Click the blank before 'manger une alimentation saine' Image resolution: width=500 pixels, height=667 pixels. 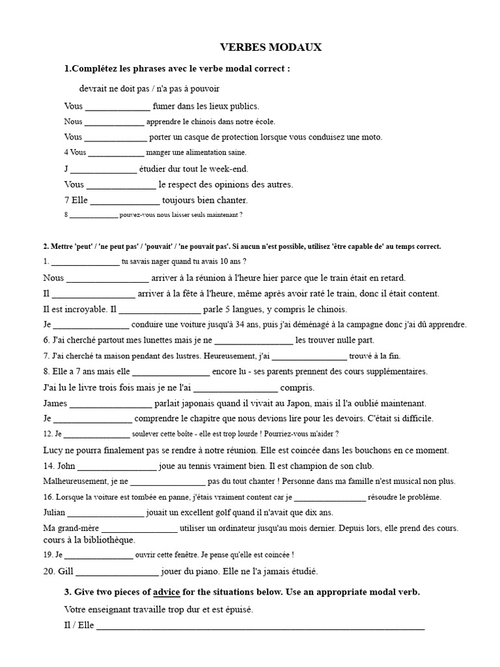point(116,154)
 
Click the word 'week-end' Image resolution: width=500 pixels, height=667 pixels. point(231,169)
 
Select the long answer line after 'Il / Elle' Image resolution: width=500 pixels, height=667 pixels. point(260,628)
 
